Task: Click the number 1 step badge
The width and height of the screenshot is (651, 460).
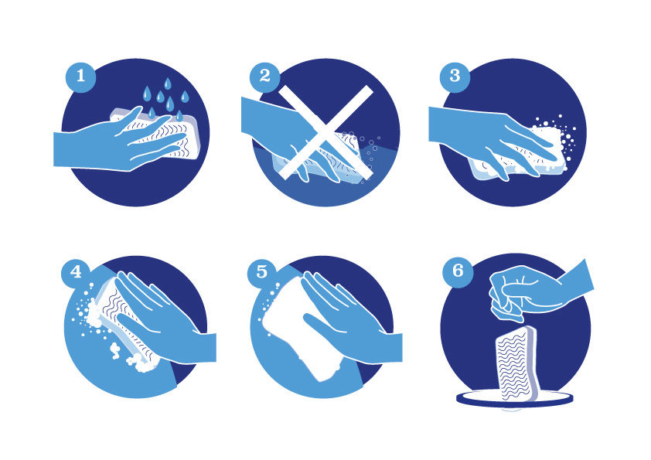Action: pos(81,77)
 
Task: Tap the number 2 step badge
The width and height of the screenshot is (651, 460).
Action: pos(265,77)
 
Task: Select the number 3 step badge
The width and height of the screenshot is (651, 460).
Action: pos(455,77)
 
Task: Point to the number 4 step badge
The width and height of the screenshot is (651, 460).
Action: pos(77,272)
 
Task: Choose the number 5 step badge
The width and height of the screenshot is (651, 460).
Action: pos(262,272)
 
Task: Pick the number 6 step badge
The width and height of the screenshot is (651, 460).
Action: pos(458,272)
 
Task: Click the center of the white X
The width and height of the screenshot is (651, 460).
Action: pos(325,132)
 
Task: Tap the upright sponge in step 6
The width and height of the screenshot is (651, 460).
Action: pos(516,363)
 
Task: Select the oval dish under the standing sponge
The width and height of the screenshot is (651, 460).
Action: pos(515,400)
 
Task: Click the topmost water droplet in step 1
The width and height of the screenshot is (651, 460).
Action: pos(168,83)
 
